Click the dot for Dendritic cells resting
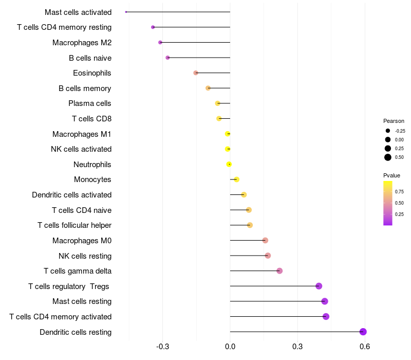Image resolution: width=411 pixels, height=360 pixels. [x=363, y=332]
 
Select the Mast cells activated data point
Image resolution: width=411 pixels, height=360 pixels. [x=126, y=12]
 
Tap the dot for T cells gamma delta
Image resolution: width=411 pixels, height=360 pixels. [x=279, y=271]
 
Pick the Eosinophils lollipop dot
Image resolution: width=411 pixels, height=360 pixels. [x=196, y=73]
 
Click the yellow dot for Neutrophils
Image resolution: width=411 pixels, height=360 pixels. [x=229, y=165]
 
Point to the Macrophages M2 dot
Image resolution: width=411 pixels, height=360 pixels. [x=160, y=43]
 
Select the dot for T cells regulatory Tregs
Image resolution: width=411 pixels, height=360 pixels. [x=319, y=286]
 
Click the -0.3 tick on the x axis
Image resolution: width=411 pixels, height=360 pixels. [x=162, y=347]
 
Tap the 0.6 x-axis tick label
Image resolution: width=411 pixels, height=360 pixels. [x=365, y=347]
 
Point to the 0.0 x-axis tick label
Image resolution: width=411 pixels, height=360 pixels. [x=230, y=347]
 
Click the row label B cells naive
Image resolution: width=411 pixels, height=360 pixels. [x=90, y=58]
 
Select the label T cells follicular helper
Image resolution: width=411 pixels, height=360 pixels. [x=74, y=225]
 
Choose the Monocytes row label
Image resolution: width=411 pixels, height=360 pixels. [x=92, y=179]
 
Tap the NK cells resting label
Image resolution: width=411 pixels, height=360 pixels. [x=85, y=256]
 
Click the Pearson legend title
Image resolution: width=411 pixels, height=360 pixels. [x=394, y=121]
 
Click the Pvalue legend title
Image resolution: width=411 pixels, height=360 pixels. [x=391, y=175]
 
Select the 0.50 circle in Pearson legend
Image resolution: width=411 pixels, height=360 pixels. [x=388, y=157]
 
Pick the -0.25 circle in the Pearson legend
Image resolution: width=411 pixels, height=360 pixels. [x=388, y=131]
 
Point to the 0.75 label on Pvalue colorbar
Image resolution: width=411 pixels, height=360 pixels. [x=399, y=191]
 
